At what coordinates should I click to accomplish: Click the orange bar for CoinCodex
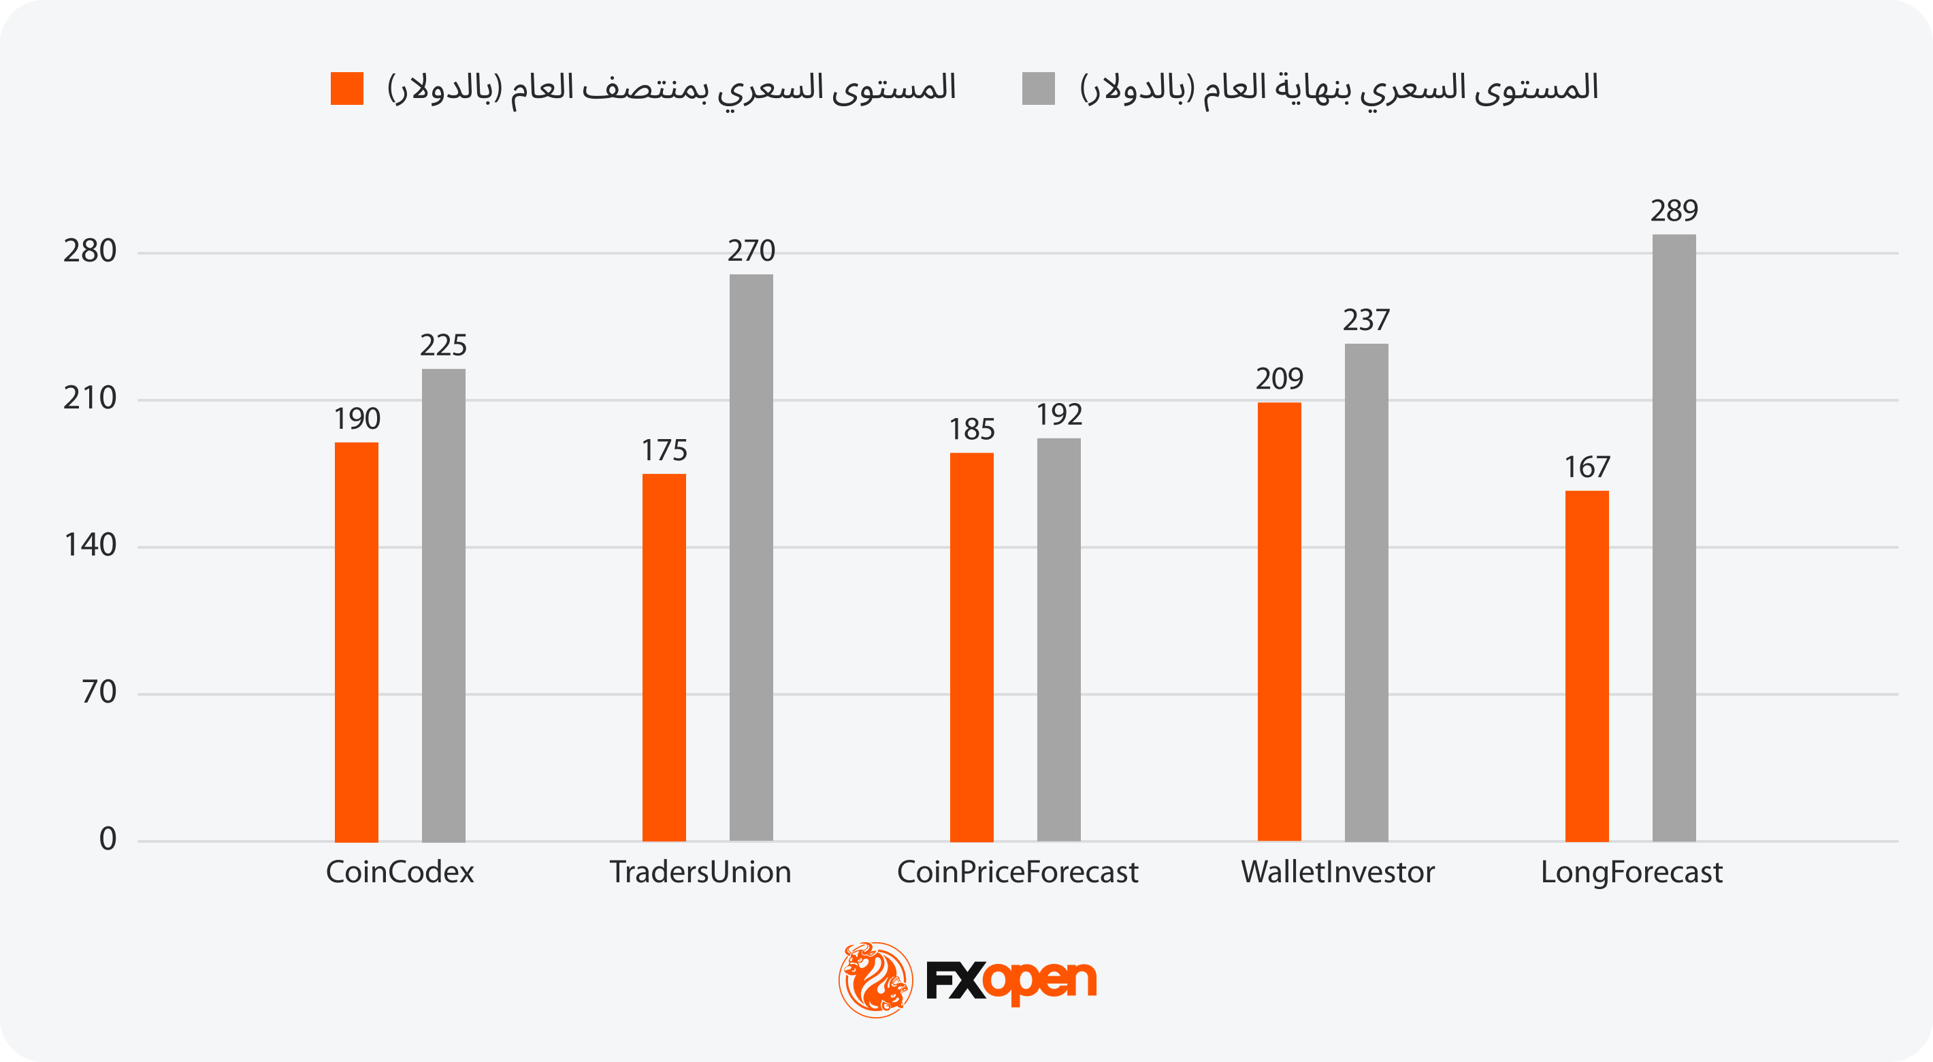click(357, 642)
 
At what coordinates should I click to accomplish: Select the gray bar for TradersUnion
click(751, 557)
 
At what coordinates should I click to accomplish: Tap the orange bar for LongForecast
click(1587, 666)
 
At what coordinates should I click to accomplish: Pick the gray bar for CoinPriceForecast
click(1059, 639)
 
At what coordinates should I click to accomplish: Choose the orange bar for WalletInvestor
click(1280, 622)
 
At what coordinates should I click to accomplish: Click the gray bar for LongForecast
click(1674, 537)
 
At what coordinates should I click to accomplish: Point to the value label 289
click(1674, 211)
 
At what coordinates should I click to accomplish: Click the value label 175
click(664, 450)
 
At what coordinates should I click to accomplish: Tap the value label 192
click(1059, 415)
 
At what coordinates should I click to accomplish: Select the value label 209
click(1280, 379)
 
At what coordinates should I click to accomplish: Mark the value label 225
click(444, 345)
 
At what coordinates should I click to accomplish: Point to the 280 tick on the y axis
click(90, 251)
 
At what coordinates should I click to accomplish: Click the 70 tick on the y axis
click(100, 692)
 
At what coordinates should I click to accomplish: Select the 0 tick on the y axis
click(108, 839)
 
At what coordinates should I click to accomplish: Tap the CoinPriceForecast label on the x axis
click(1018, 872)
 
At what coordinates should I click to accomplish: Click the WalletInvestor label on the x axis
click(1338, 872)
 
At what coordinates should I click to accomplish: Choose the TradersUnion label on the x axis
click(700, 872)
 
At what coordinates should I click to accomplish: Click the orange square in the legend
click(346, 88)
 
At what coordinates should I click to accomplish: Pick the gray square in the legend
click(1039, 88)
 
